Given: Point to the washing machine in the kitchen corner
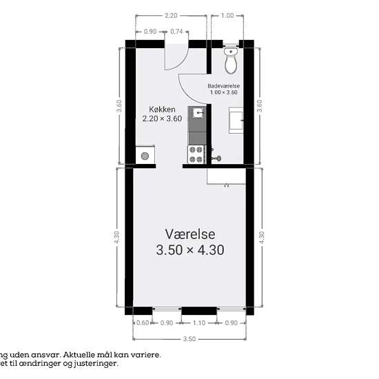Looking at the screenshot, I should click(x=145, y=156).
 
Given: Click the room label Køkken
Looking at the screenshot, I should click(x=163, y=110).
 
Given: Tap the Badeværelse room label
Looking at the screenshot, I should click(x=223, y=86).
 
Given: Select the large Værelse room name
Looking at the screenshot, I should click(x=190, y=234).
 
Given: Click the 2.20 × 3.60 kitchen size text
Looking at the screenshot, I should click(x=163, y=119).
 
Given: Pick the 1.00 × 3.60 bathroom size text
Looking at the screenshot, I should click(x=223, y=92).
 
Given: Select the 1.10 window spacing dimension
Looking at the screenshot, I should click(x=199, y=322).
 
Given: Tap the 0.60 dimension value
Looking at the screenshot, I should click(x=143, y=322).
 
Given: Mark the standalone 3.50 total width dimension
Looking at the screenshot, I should click(x=189, y=338).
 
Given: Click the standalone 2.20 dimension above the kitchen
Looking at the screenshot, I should click(x=171, y=15).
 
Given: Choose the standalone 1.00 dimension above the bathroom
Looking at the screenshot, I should click(x=227, y=15).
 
